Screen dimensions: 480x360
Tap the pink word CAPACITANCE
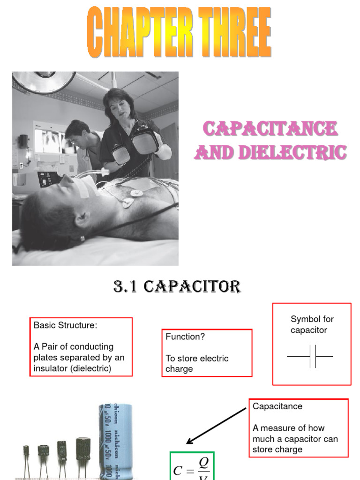pyautogui.click(x=270, y=129)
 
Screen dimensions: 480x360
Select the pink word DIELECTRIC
pyautogui.click(x=291, y=152)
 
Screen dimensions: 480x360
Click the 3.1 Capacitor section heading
pyautogui.click(x=177, y=286)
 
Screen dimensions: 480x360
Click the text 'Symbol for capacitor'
pyautogui.click(x=312, y=324)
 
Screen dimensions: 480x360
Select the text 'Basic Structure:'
pyautogui.click(x=65, y=325)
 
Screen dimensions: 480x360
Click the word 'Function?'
pyautogui.click(x=185, y=337)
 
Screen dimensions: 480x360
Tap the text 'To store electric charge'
pyautogui.click(x=197, y=363)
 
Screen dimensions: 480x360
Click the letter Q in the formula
pyautogui.click(x=203, y=462)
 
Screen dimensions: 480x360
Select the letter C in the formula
pyautogui.click(x=178, y=470)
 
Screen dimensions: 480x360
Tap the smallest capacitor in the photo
pyautogui.click(x=26, y=452)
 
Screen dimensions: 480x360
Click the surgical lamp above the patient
pyautogui.click(x=45, y=81)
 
